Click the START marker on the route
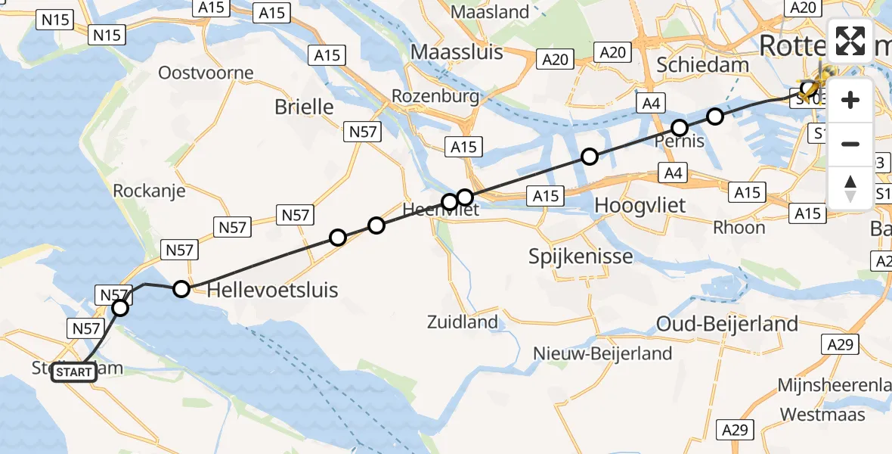(74, 372)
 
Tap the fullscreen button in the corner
(850, 41)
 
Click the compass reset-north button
(850, 188)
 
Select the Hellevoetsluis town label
(272, 290)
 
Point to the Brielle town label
(304, 107)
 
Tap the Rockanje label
(149, 191)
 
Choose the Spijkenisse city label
(581, 257)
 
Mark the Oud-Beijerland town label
(727, 325)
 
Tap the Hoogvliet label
(640, 204)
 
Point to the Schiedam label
(702, 64)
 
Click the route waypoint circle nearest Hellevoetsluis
(181, 288)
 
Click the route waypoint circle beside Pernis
(680, 127)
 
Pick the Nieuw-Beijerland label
(602, 353)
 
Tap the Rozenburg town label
(435, 97)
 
